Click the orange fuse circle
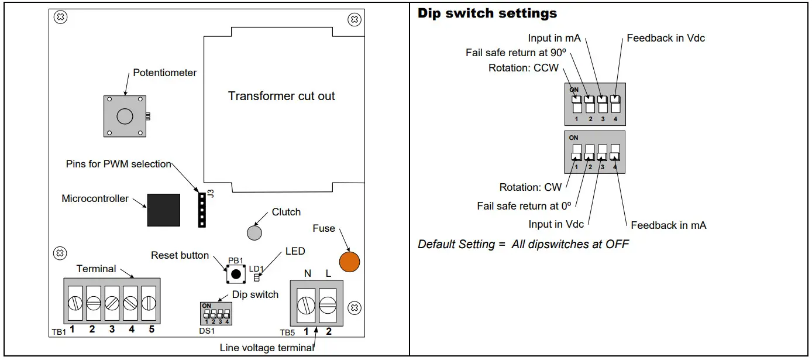pyautogui.click(x=349, y=261)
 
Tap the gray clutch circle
pyautogui.click(x=254, y=232)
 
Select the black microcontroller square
pyautogui.click(x=164, y=209)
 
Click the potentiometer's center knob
pyautogui.click(x=125, y=116)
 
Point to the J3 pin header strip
pyautogui.click(x=202, y=208)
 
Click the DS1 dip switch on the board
pyautogui.click(x=216, y=314)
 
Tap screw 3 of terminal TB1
pyautogui.click(x=112, y=303)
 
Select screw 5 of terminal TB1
pyautogui.click(x=149, y=303)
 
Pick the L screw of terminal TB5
pyautogui.click(x=328, y=305)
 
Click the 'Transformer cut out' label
pyautogui.click(x=281, y=96)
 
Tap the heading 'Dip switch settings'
pyautogui.click(x=487, y=13)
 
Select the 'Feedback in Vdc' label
pyautogui.click(x=666, y=38)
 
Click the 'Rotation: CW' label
pyautogui.click(x=530, y=187)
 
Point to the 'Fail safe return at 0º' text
pyautogui.click(x=524, y=205)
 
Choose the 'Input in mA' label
pyautogui.click(x=554, y=38)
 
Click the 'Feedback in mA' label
pyautogui.click(x=668, y=225)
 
